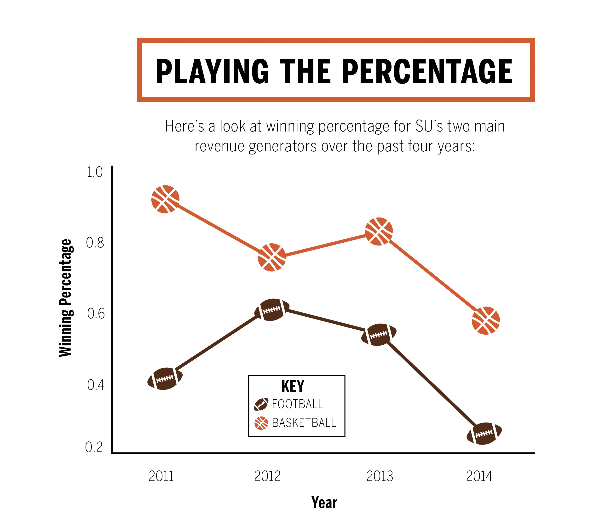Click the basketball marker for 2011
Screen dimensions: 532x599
coord(165,199)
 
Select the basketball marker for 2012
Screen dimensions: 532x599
coord(272,257)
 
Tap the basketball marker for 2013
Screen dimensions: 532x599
coord(379,231)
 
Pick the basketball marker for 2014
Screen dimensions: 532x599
coord(486,320)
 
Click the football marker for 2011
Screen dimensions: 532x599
coord(165,378)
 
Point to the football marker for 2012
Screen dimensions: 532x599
coord(272,310)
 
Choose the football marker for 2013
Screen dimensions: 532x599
coord(379,335)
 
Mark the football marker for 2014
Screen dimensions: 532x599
coord(484,433)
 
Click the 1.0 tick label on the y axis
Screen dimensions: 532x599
coord(94,172)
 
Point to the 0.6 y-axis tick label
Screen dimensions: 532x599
coord(96,314)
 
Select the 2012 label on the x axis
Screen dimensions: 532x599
coord(267,476)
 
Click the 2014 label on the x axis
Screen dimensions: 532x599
coord(479,476)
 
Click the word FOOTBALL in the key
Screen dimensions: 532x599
coord(297,404)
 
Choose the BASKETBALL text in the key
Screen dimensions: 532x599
coord(304,423)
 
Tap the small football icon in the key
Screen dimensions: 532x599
coord(261,404)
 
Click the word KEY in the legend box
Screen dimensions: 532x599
coord(293,386)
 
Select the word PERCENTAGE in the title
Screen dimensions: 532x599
coord(427,71)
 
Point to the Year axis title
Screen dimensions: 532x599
coord(324,502)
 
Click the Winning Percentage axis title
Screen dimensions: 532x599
coord(66,298)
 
